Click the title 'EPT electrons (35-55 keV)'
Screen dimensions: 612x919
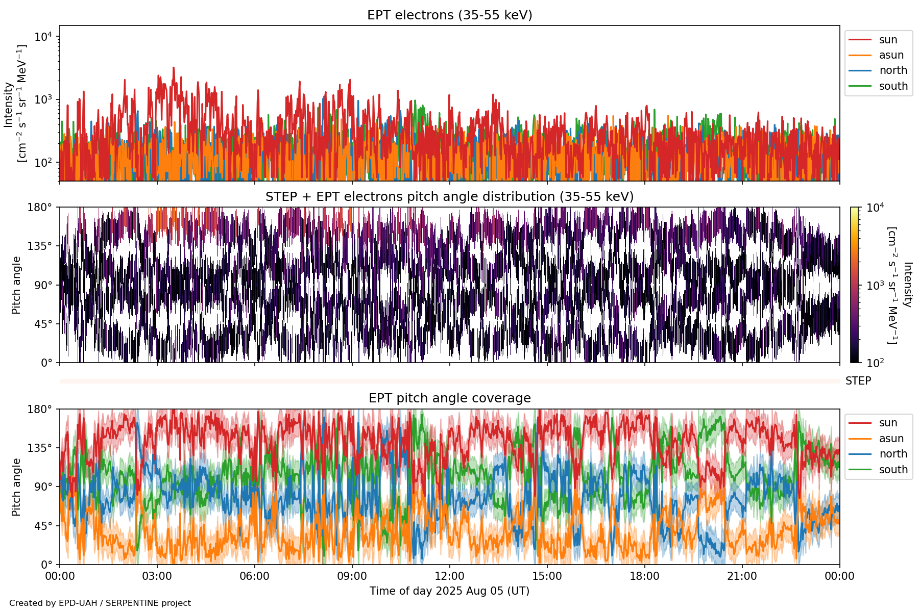click(x=449, y=15)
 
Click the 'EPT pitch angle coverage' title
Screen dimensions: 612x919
click(x=449, y=398)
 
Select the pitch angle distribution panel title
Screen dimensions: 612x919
click(x=449, y=197)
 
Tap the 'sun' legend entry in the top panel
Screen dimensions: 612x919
click(x=888, y=40)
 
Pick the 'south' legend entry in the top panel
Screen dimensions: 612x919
click(x=893, y=86)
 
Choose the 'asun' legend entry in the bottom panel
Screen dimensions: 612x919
click(x=891, y=439)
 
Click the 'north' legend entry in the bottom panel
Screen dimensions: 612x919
click(x=893, y=454)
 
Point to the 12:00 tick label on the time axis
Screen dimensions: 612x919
click(x=449, y=576)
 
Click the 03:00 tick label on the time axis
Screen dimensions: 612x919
click(x=157, y=576)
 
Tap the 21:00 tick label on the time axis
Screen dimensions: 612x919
click(x=742, y=576)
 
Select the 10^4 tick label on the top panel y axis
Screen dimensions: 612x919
click(x=43, y=37)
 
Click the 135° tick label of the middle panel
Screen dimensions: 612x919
click(x=40, y=246)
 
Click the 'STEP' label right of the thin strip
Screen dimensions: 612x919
click(x=858, y=381)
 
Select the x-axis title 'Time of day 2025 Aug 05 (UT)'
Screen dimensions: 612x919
click(x=449, y=591)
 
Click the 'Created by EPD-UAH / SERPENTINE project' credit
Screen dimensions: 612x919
click(x=100, y=603)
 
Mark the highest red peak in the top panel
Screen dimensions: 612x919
click(x=174, y=68)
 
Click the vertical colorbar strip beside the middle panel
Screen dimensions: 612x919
click(x=854, y=285)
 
